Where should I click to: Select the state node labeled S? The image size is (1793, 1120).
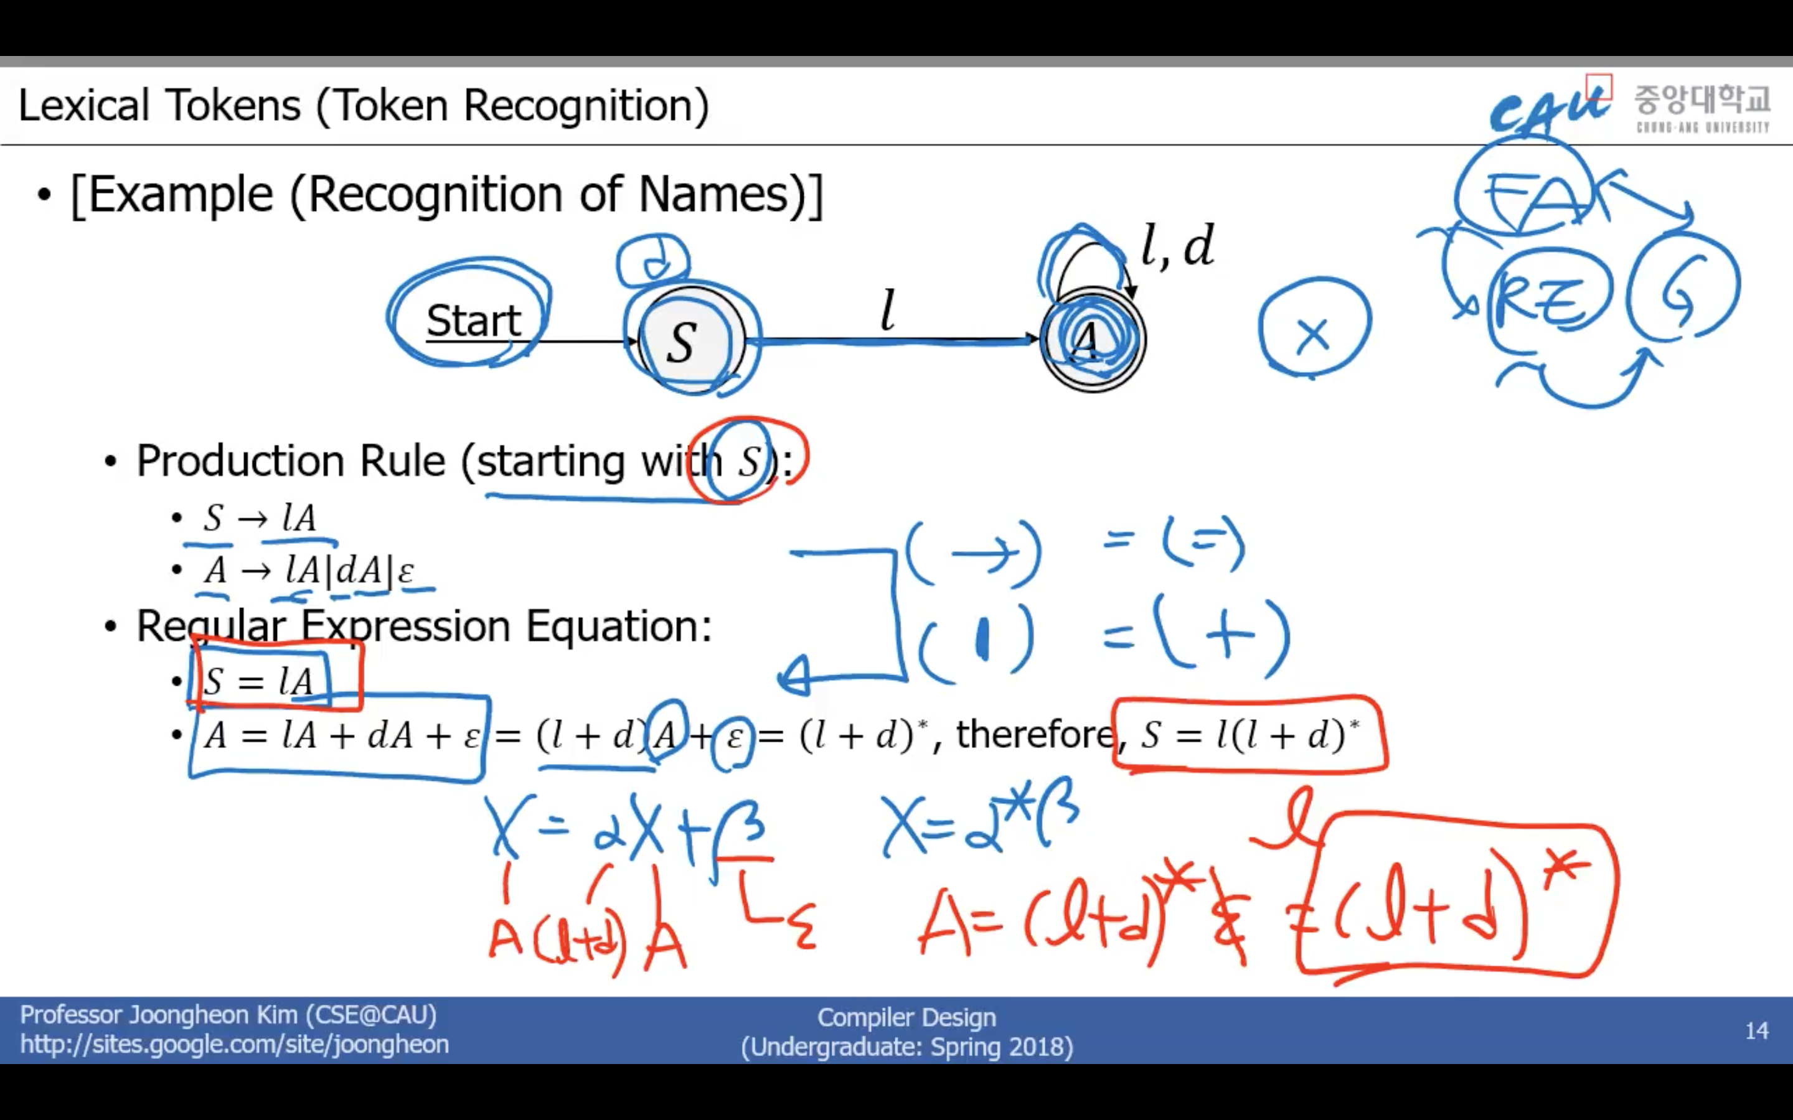pos(682,343)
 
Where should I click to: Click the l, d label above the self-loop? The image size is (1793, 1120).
pos(1177,246)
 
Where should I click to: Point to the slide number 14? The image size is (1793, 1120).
pos(1757,1030)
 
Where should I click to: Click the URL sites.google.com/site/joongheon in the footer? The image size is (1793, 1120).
pos(234,1045)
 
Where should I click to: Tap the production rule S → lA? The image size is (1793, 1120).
pos(260,517)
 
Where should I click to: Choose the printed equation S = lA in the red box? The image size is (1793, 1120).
pos(258,681)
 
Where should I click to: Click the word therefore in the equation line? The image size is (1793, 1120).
pos(1034,734)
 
